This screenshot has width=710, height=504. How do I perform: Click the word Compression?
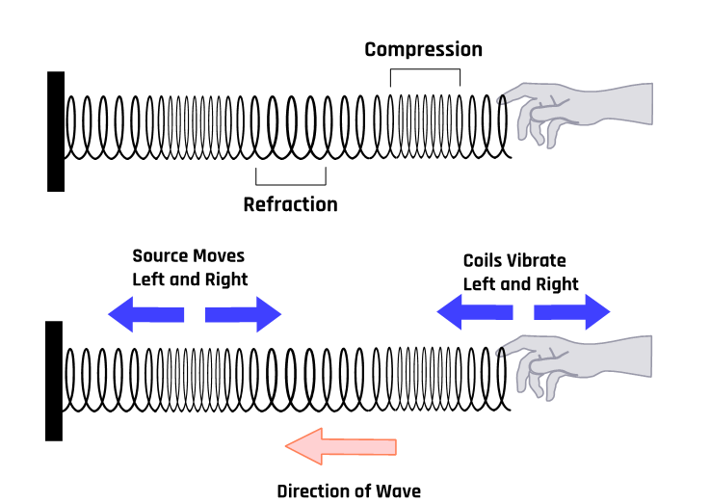423,49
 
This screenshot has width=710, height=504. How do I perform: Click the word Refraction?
290,204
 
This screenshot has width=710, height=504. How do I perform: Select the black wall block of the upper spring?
56,131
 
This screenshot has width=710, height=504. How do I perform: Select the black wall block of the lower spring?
54,381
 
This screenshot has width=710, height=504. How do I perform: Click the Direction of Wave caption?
349,491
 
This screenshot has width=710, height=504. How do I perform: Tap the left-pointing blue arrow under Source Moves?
145,314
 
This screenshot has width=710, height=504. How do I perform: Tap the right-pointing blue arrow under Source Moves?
244,314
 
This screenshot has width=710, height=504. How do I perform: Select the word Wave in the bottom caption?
398,491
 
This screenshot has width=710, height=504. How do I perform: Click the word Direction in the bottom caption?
314,491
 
